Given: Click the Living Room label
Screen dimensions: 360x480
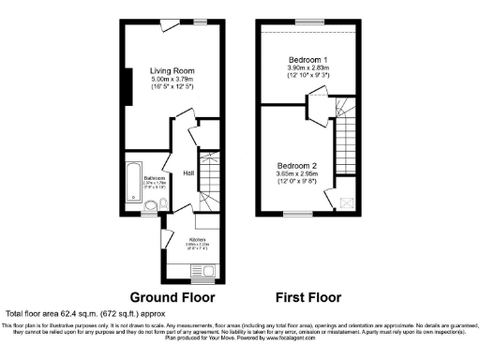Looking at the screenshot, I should coord(172,70).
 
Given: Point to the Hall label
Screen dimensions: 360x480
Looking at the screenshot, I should coord(188,172).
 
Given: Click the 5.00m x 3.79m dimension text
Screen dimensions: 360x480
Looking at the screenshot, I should coord(172,79).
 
